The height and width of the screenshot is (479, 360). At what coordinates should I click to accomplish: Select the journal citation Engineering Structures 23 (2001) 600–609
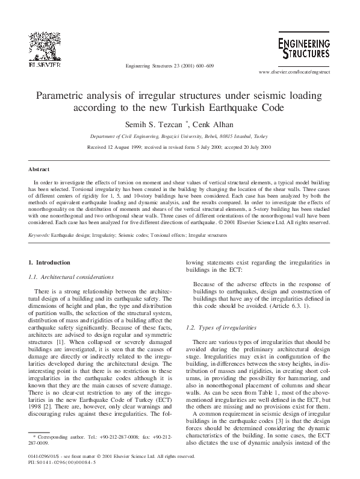click(x=168, y=65)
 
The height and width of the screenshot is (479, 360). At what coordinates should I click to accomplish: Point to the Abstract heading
click(x=39, y=170)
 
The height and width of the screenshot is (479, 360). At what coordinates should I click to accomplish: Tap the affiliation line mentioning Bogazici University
click(x=179, y=137)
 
